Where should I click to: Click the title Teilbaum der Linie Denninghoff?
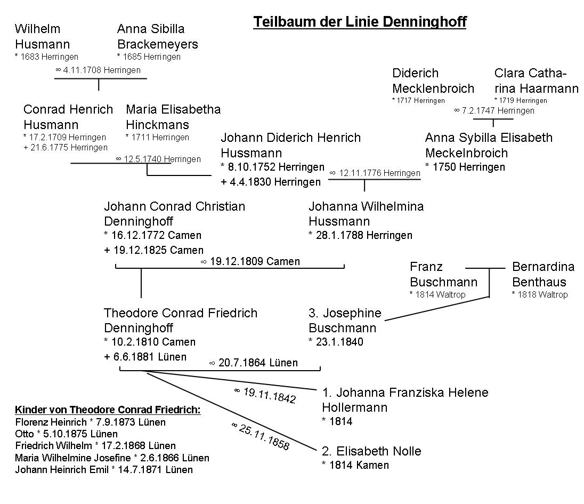point(360,22)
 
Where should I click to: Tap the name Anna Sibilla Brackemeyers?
point(157,36)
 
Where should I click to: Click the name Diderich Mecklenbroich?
point(433,81)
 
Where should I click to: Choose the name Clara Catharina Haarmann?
point(536,81)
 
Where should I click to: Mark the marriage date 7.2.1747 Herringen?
point(494,110)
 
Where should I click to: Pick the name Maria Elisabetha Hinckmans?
point(173,117)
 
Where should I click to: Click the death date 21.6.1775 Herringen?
point(66,147)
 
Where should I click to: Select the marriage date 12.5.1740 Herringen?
point(158,159)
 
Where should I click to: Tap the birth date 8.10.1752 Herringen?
point(272,167)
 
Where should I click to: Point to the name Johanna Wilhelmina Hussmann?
point(366,213)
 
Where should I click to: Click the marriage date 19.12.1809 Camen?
point(250,261)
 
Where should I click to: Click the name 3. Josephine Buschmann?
point(345,320)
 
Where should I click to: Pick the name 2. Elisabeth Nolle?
point(371,451)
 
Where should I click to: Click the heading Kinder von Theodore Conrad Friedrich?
point(108,410)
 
